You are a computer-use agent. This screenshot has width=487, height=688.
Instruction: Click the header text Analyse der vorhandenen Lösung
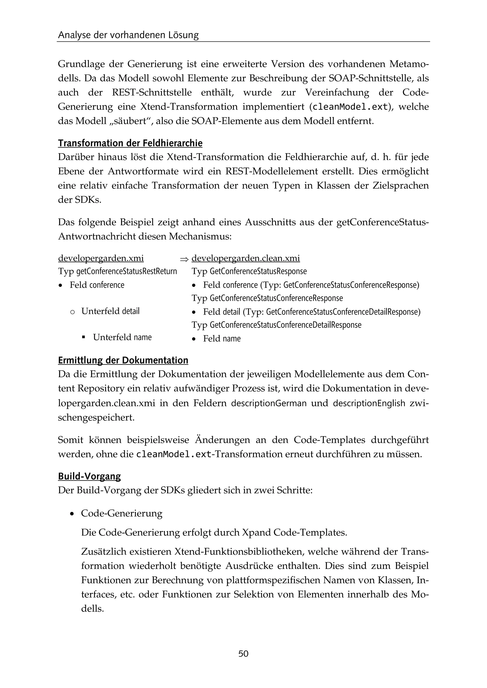pos(128,35)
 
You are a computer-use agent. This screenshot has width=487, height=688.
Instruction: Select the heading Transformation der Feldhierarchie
pos(130,143)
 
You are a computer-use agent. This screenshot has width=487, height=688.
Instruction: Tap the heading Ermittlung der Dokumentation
pos(123,360)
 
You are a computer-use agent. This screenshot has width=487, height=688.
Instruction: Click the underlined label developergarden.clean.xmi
pos(246,258)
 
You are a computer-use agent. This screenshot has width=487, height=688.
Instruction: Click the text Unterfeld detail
pos(110,311)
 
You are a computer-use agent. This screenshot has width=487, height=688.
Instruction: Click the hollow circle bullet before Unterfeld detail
pos(72,312)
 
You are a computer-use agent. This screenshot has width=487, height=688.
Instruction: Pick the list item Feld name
pos(222,339)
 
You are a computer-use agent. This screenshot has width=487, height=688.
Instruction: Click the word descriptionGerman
pos(269,403)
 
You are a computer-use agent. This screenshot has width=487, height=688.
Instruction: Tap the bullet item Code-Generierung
pos(122,513)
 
